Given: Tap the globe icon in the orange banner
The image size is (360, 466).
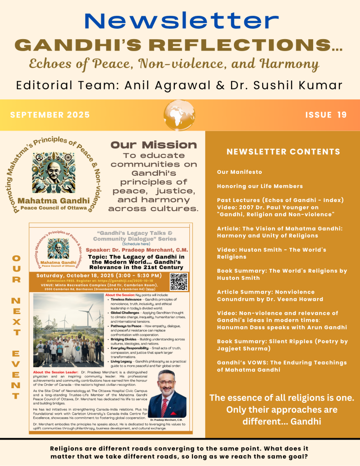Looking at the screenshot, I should [x=179, y=114].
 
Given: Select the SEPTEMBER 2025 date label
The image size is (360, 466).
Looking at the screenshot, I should [x=50, y=115].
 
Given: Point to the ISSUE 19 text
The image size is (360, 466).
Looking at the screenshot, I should [x=326, y=115].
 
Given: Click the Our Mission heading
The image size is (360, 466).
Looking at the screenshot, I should [x=154, y=145].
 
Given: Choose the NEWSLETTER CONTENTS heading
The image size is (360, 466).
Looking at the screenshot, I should [x=283, y=152].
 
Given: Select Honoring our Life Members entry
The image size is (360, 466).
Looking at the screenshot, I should [x=259, y=186].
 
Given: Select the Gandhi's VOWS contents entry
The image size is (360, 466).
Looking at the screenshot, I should [x=281, y=366].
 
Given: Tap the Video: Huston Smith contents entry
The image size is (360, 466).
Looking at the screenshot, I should [x=271, y=253].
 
